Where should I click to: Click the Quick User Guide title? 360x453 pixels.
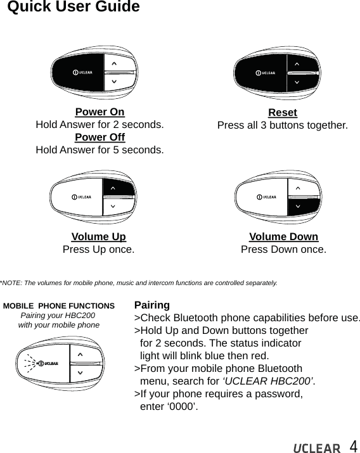[x=74, y=8]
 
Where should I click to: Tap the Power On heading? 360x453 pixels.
[x=100, y=113]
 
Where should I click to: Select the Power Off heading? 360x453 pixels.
[x=100, y=137]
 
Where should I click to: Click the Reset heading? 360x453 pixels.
[x=283, y=113]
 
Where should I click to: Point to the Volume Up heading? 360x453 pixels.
[x=98, y=238]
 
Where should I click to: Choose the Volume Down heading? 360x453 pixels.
[x=283, y=238]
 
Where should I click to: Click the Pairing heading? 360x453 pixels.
[x=152, y=305]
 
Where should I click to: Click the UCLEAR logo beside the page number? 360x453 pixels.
[x=316, y=449]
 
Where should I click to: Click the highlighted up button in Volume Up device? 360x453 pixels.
[x=119, y=188]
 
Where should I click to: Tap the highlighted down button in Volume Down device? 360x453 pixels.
[x=302, y=205]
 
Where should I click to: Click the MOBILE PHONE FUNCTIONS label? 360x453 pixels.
[x=59, y=306]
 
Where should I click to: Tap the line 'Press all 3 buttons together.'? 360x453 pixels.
[x=283, y=125]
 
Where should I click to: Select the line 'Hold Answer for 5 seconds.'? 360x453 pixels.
[x=100, y=150]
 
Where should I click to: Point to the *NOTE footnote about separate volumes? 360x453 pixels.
[x=138, y=282]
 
